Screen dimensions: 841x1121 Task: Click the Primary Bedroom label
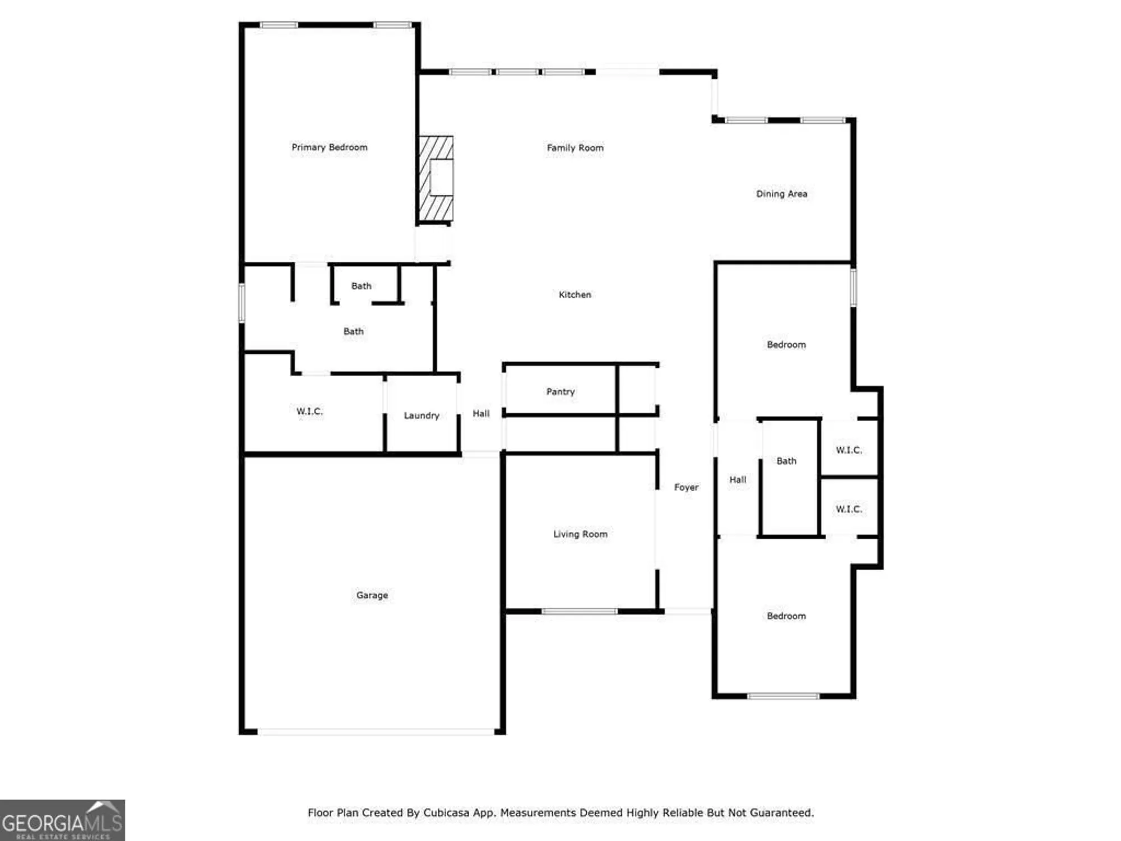[330, 147]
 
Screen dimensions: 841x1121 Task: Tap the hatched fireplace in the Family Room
[436, 178]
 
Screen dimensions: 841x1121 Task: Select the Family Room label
[575, 148]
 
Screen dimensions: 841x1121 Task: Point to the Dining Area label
[781, 194]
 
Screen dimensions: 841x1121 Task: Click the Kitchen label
[575, 295]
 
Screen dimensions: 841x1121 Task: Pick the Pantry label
[560, 392]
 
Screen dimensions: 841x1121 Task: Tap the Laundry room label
[421, 415]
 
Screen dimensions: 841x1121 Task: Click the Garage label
[372, 595]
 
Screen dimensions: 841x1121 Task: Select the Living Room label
[580, 534]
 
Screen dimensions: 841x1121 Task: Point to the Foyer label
[686, 488]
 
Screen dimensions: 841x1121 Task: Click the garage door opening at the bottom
[376, 732]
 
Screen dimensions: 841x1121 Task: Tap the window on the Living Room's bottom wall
[579, 611]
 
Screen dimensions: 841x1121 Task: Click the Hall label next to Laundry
[481, 414]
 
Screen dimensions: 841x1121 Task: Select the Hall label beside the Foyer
[738, 480]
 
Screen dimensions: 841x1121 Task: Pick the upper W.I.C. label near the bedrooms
[849, 450]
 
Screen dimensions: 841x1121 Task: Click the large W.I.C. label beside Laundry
[309, 412]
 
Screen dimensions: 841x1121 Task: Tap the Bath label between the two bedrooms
[786, 461]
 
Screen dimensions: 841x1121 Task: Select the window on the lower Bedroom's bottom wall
[783, 696]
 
